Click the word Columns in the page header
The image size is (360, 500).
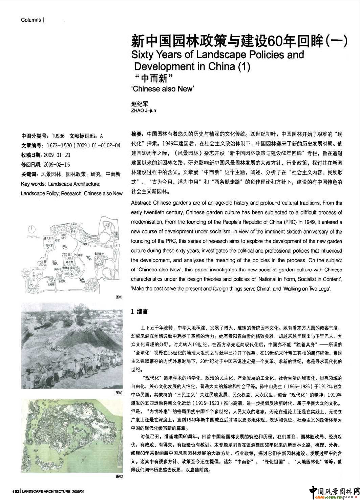pos(31,20)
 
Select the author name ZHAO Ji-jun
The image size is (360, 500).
pos(144,111)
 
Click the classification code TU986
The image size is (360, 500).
pos(58,136)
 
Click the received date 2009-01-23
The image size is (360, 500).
pos(57,155)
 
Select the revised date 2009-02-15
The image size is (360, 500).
pos(57,165)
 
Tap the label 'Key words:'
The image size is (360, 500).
pos(33,184)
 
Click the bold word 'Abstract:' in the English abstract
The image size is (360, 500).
pos(141,203)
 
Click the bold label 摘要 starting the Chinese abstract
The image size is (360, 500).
pos(136,134)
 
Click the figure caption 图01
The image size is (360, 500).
pos(119,297)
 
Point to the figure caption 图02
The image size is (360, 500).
pos(119,393)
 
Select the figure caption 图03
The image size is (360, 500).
pos(119,476)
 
